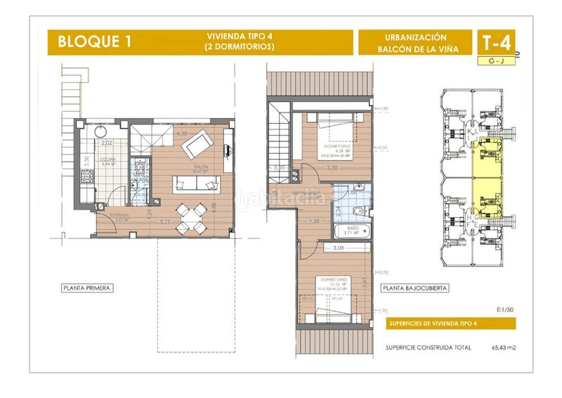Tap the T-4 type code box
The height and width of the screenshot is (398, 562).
point(496,42)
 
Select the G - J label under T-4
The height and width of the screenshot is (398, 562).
point(495,62)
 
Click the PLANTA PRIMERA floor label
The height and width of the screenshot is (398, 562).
point(88,288)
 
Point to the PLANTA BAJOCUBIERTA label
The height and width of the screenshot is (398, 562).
point(414,288)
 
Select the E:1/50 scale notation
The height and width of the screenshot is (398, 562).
point(503,309)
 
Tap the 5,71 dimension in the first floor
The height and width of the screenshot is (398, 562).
point(166,222)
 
